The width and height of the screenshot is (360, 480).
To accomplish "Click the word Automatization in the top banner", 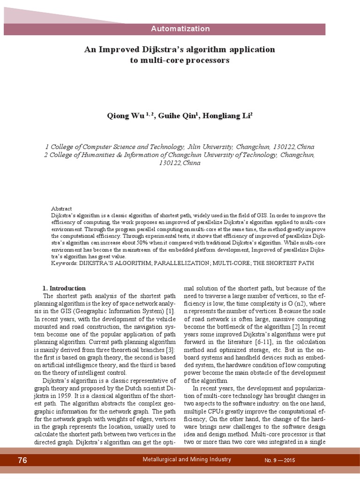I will pyautogui.click(x=180, y=29).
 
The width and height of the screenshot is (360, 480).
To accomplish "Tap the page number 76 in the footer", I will pyautogui.click(x=22, y=460).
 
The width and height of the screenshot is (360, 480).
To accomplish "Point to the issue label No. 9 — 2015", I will pyautogui.click(x=284, y=461).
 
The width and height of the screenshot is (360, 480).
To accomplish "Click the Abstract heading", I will pyautogui.click(x=61, y=209).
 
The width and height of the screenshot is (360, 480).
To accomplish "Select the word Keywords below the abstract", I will pyautogui.click(x=64, y=263).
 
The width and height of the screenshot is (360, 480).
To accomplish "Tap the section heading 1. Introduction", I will pyautogui.click(x=64, y=288).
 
